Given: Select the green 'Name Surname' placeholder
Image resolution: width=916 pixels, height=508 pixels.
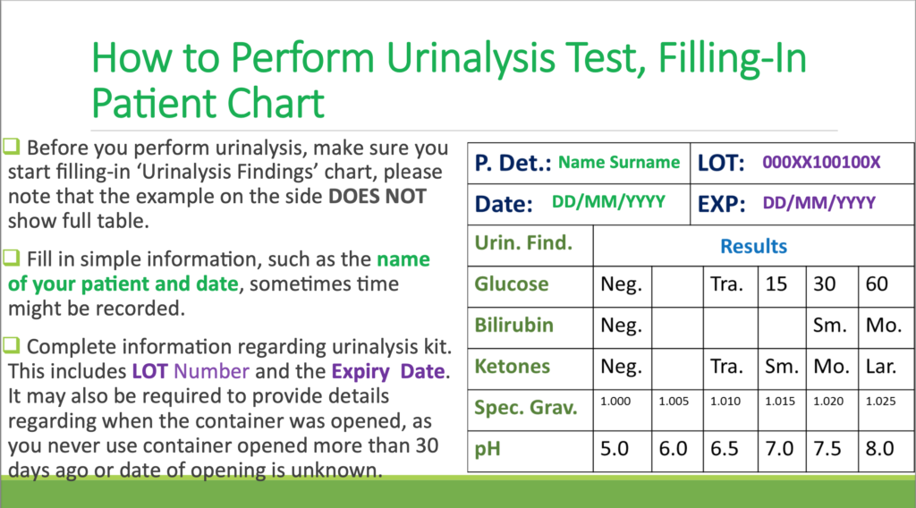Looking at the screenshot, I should [619, 163].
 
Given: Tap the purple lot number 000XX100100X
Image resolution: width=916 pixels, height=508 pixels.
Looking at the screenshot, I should [821, 163].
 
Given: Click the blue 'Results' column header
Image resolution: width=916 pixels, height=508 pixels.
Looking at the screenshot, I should [753, 246].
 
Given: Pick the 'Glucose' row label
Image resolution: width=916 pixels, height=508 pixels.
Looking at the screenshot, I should [512, 284].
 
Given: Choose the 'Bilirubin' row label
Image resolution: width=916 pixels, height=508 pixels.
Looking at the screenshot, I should [513, 326].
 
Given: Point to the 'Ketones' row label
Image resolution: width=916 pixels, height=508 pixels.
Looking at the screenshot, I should [512, 367].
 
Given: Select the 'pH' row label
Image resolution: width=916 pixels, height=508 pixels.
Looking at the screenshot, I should [488, 449].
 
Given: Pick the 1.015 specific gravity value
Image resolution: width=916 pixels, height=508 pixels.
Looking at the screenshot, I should [779, 402].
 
